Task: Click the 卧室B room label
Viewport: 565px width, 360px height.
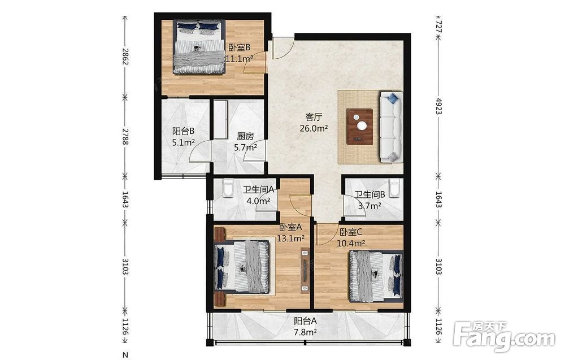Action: click(239, 47)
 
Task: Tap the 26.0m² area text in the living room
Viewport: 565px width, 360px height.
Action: click(314, 128)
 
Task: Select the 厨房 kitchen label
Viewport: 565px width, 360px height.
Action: click(245, 136)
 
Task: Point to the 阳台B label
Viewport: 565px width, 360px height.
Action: click(184, 132)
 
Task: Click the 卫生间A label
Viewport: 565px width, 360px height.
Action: click(259, 189)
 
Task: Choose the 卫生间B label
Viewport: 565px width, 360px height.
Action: click(370, 194)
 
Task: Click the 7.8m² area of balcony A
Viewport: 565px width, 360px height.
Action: click(305, 332)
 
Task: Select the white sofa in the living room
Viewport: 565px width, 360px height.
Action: click(391, 127)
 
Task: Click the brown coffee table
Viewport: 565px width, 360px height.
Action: click(360, 127)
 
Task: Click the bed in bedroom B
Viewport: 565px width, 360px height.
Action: click(199, 47)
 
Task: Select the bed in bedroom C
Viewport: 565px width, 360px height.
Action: click(376, 276)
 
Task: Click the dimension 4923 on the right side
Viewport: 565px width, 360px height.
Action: click(438, 106)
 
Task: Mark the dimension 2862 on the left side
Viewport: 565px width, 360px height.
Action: click(125, 56)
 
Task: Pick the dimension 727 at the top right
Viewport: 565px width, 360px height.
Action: click(438, 27)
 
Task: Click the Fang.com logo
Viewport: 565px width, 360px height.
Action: click(504, 337)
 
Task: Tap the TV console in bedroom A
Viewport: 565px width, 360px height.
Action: click(306, 271)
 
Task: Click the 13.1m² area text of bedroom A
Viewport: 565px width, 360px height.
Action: click(291, 238)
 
